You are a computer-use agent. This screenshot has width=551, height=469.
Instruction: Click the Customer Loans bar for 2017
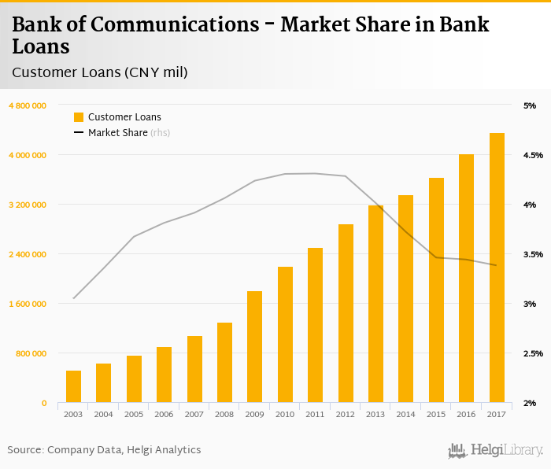click(497, 268)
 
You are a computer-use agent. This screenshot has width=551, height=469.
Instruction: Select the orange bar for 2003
click(73, 386)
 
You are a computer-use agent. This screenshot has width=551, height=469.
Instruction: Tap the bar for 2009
click(254, 346)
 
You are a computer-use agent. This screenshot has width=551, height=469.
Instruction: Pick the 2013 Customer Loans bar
click(375, 304)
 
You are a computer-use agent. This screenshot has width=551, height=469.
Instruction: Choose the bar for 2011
click(315, 325)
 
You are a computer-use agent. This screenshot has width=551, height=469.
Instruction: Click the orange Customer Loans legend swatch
click(79, 117)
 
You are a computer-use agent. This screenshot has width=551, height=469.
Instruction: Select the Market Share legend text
click(118, 133)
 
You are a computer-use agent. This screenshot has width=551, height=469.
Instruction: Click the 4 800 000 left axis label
click(28, 105)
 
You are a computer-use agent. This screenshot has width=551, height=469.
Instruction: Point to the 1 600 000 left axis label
click(28, 304)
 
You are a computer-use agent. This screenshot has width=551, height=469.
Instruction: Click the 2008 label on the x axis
click(224, 414)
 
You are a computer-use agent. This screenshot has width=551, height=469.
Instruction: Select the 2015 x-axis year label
click(436, 414)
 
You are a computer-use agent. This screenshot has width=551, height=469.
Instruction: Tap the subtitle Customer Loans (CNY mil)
click(99, 72)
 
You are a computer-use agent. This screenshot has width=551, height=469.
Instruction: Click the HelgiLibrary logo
click(495, 450)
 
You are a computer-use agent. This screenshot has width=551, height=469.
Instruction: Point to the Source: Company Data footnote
click(104, 450)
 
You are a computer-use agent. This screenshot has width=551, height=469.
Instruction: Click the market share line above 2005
click(134, 237)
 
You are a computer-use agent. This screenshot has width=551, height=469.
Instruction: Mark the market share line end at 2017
click(496, 265)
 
